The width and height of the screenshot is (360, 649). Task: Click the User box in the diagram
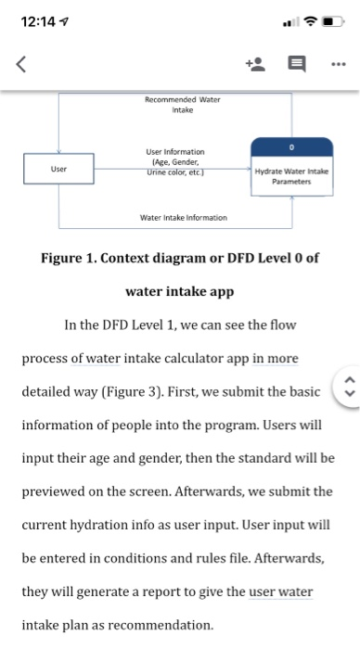tap(58, 170)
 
